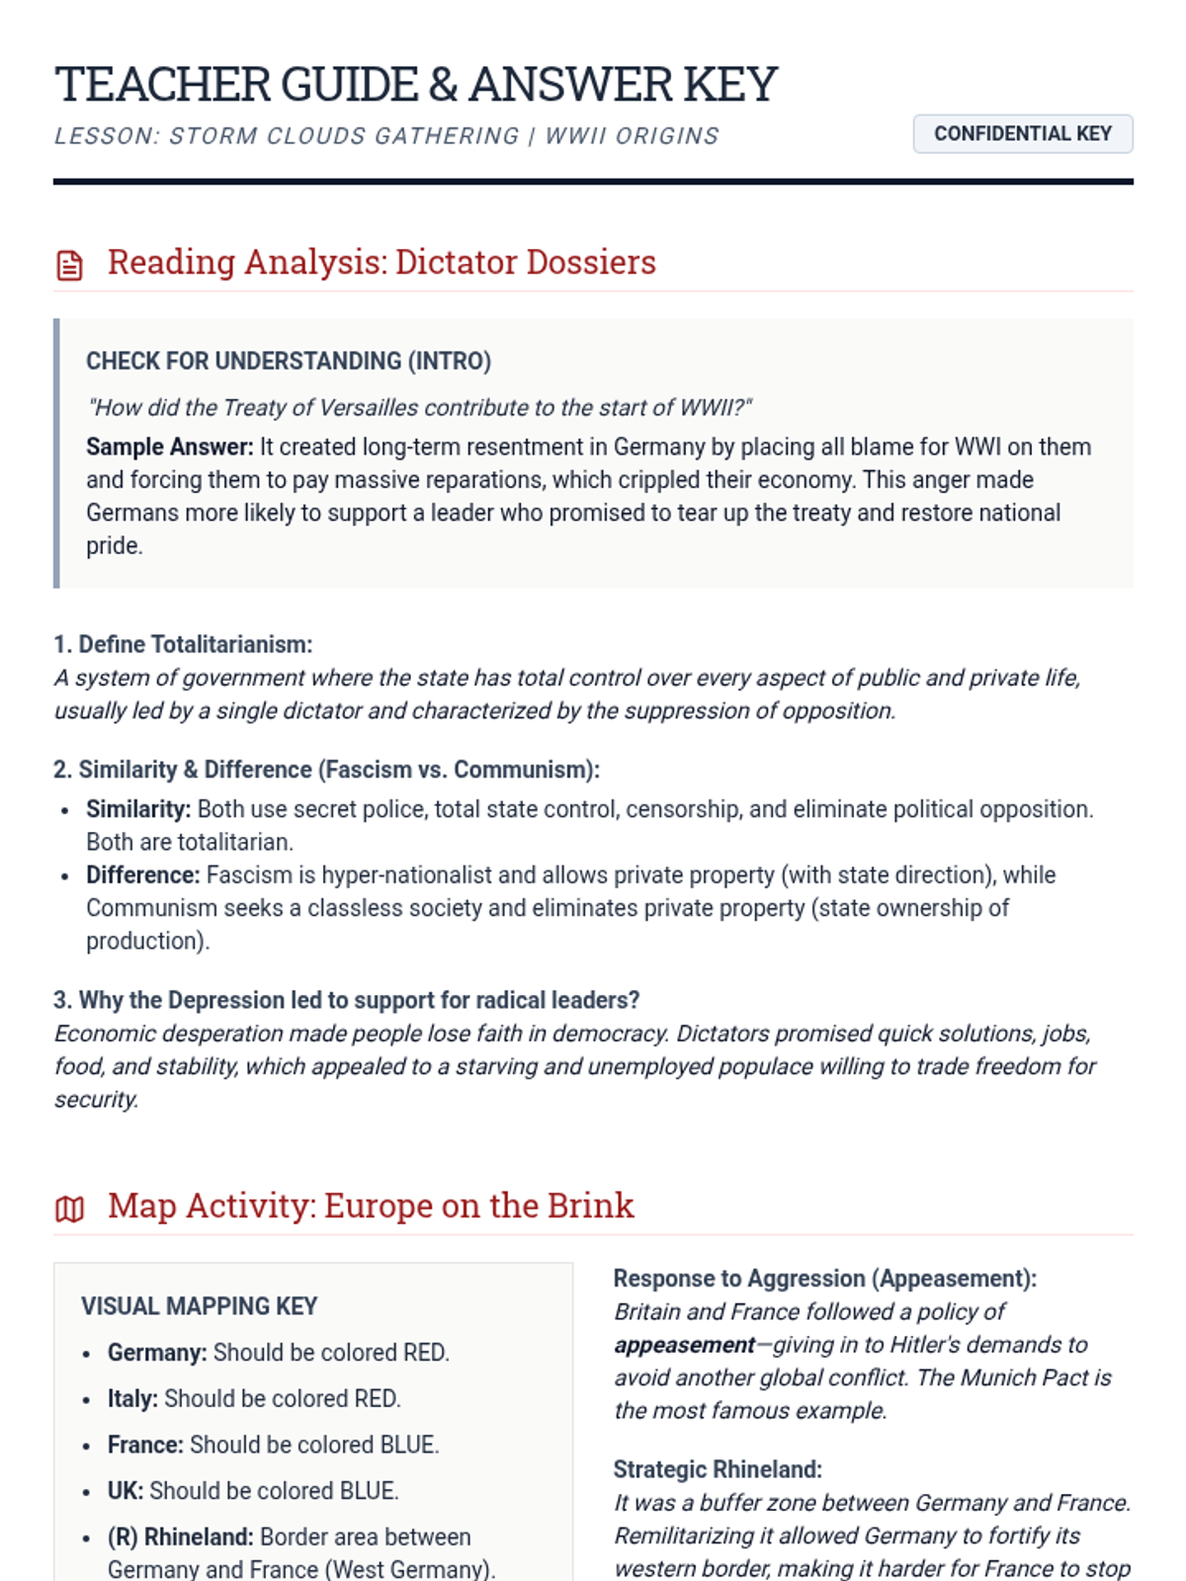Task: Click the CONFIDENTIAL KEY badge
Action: [1022, 134]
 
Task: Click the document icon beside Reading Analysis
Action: [69, 265]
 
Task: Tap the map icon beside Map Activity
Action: [69, 1208]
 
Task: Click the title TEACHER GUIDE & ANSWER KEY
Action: [416, 84]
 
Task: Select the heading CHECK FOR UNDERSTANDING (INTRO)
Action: [288, 361]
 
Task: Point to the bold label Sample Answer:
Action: [170, 447]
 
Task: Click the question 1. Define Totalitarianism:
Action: [183, 644]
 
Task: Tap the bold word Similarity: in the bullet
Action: [138, 809]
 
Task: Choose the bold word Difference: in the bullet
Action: [143, 875]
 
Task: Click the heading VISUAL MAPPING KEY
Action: [200, 1306]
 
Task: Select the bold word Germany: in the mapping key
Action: [157, 1353]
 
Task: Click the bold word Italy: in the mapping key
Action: [132, 1399]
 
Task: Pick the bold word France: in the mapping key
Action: [145, 1445]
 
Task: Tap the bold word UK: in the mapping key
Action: [126, 1491]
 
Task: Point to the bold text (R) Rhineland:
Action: [181, 1538]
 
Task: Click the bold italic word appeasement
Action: [684, 1345]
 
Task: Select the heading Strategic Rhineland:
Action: [718, 1469]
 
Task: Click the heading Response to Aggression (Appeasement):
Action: [824, 1279]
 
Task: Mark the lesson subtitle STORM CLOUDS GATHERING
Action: [344, 136]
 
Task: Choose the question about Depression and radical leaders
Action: [346, 1000]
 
